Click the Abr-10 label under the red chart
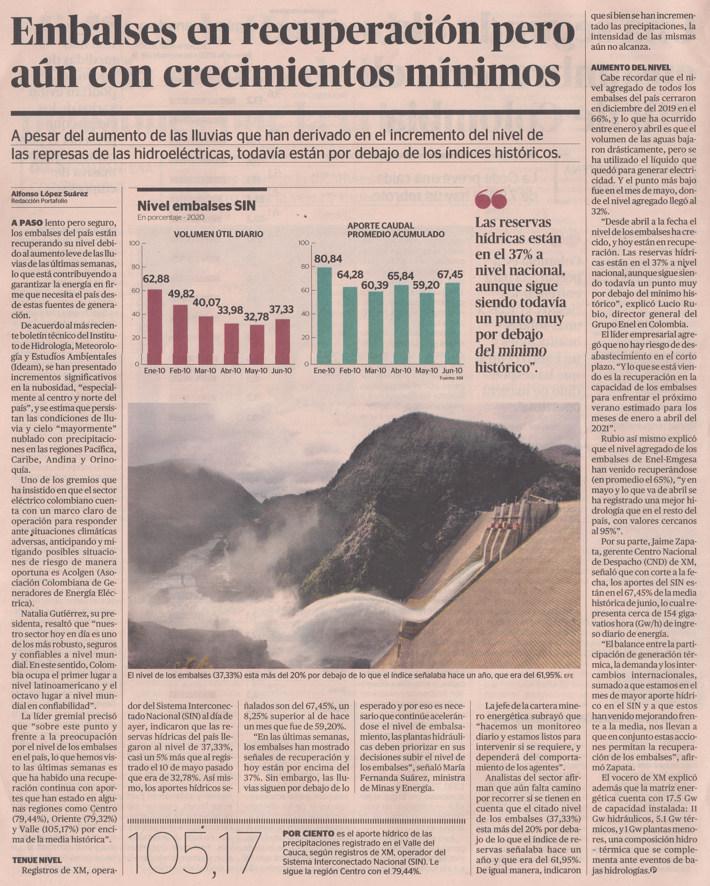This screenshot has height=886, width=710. (231, 371)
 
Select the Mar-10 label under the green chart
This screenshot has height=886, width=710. (375, 371)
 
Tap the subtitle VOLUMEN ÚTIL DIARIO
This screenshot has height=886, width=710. (218, 234)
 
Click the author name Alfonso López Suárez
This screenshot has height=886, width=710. (49, 194)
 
